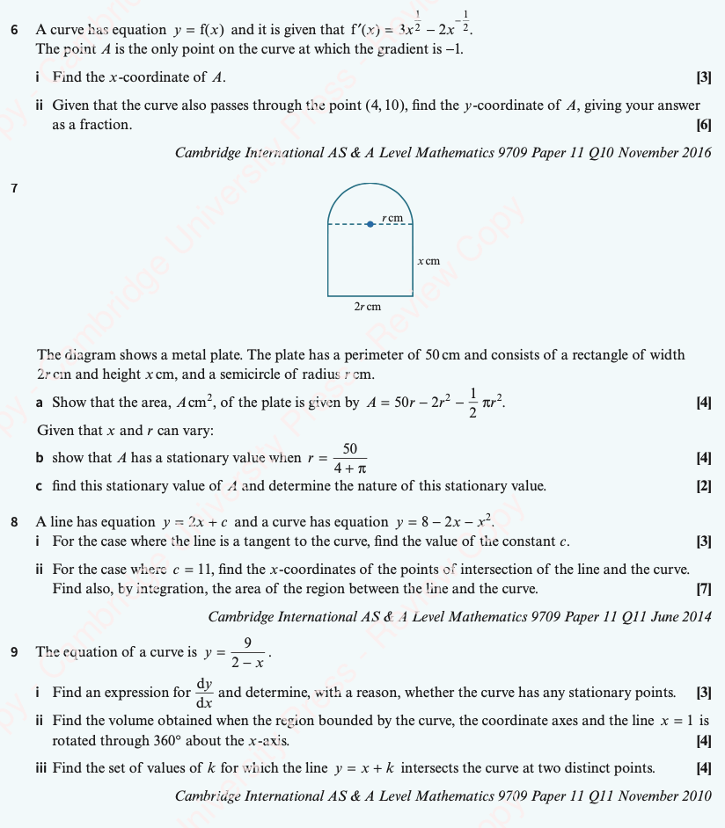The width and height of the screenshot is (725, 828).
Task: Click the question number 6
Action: point(14,30)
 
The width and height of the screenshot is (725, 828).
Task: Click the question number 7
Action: point(14,187)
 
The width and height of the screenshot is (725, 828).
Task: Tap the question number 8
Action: point(14,522)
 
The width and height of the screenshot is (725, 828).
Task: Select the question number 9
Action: point(14,652)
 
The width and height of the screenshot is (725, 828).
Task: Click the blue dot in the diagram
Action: point(370,223)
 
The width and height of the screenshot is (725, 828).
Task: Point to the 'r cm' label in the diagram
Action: point(392,216)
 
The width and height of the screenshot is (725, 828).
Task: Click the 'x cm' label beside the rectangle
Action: point(428,261)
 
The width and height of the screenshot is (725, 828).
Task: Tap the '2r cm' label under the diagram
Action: point(368,307)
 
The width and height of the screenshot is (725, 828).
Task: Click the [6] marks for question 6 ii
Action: point(704,125)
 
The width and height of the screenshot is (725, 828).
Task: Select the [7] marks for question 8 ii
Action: point(704,589)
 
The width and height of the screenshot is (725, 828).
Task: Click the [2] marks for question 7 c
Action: point(704,486)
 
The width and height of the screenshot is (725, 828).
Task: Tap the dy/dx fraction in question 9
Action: point(204,694)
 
